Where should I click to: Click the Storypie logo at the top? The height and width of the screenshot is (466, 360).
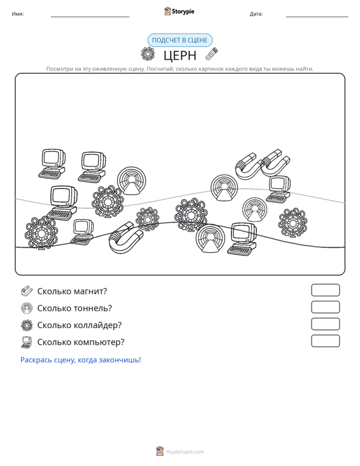(179, 11)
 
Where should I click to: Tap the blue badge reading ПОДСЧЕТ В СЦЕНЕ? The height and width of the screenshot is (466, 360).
(180, 40)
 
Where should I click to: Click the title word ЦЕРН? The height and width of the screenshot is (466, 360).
(180, 55)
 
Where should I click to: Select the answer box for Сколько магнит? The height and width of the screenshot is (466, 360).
(325, 290)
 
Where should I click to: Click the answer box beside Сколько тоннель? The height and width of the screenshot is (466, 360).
(325, 307)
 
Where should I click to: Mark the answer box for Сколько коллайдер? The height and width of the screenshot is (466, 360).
(325, 324)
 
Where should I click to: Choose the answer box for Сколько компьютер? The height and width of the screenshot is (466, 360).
(325, 341)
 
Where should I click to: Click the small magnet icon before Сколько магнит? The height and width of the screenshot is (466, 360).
(27, 291)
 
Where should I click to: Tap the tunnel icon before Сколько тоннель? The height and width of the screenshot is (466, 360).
(27, 308)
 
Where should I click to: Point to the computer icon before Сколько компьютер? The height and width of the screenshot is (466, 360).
(27, 342)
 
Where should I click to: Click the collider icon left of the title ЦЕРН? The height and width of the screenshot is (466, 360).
(148, 54)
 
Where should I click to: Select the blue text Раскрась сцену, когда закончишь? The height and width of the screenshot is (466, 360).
(81, 360)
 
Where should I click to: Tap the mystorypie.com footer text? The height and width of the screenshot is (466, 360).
(184, 452)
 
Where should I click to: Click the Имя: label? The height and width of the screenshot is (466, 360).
(18, 14)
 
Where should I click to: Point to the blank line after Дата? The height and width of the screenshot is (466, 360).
(317, 17)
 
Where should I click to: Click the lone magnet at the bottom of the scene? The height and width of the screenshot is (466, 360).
(126, 238)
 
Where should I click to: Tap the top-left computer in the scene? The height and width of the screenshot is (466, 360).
(52, 164)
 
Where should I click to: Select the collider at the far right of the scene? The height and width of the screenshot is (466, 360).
(293, 223)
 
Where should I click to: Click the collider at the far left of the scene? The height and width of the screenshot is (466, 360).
(41, 233)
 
